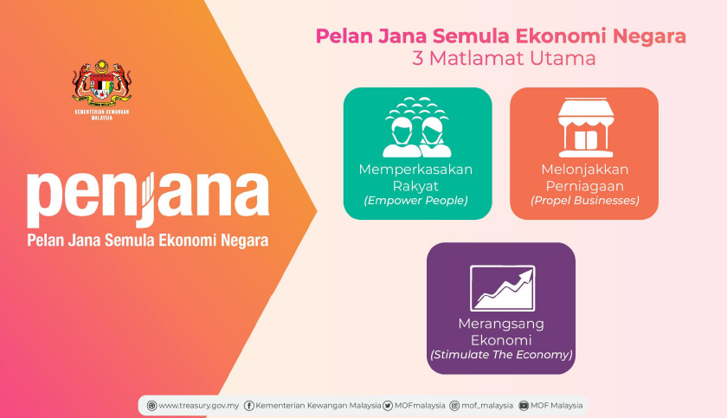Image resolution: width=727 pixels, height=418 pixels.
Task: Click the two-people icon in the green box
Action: [x=417, y=127]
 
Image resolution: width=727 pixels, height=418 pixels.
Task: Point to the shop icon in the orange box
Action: [x=583, y=126]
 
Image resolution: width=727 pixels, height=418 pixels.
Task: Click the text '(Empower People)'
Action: [x=416, y=201]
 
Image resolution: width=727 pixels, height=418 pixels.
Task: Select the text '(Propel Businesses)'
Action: [x=584, y=201]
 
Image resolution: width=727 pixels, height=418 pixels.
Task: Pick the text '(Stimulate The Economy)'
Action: [x=501, y=355]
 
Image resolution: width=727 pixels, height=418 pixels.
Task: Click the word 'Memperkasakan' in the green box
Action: [x=416, y=169]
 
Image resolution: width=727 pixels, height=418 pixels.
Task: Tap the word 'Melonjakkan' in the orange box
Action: [x=584, y=169]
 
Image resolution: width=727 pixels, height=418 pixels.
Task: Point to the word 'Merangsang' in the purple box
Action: [x=501, y=324]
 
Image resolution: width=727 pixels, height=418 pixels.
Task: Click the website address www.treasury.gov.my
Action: [x=199, y=405]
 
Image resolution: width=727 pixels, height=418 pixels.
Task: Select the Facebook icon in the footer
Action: [x=249, y=405]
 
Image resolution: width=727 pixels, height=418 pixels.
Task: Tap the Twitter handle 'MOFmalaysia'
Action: [x=420, y=405]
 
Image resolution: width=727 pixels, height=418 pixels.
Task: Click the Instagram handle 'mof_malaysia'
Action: [x=486, y=405]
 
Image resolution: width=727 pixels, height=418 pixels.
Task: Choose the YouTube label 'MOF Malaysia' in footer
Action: [x=557, y=405]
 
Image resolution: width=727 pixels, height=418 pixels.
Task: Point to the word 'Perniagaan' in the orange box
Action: [x=584, y=184]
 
